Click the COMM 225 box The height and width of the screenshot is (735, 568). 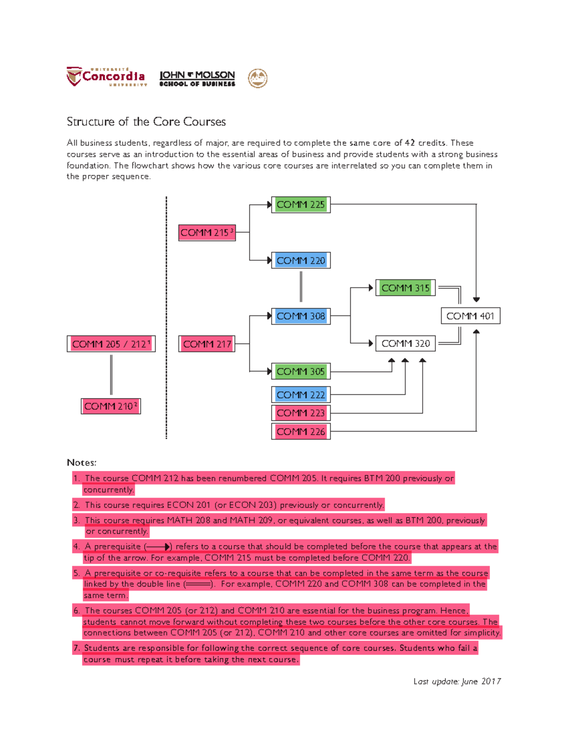pos(301,204)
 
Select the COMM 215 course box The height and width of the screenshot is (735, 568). pos(207,232)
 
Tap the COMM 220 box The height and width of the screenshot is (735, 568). pos(301,260)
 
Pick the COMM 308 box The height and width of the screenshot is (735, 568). pos(301,316)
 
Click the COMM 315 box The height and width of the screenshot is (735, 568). pos(405,288)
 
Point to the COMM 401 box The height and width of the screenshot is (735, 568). pos(470,316)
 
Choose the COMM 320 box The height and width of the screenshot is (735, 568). pos(405,344)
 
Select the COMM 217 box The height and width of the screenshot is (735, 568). pos(207,344)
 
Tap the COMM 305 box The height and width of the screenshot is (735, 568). pos(301,372)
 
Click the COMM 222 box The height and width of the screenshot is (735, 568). pos(301,395)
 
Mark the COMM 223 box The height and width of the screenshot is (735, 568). pos(301,413)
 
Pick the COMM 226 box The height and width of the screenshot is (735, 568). pos(301,432)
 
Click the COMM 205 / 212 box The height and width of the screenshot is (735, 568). pos(111,344)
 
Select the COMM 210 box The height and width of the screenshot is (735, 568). pos(111,406)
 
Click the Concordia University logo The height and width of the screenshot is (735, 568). pos(107,77)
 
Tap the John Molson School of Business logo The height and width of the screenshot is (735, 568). pos(197,79)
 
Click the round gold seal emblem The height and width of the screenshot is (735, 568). pos(258,78)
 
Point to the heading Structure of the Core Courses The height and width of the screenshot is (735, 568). pos(146,122)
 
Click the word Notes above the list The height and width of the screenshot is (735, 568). pos(81,462)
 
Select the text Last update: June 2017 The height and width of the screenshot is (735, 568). pos(457,682)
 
